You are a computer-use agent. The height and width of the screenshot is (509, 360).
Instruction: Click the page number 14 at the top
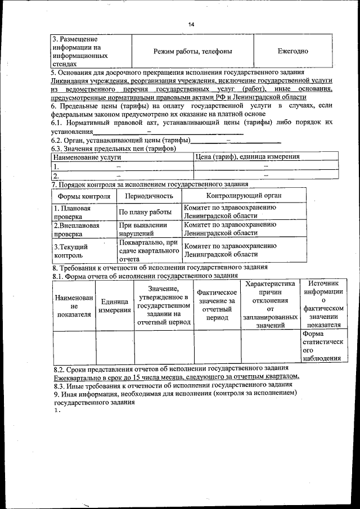[191, 25]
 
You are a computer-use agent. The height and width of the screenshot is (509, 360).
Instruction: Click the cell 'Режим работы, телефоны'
[193, 51]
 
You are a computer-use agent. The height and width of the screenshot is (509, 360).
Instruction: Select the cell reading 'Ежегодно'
[292, 51]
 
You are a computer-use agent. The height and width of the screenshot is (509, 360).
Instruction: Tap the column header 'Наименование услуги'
[87, 157]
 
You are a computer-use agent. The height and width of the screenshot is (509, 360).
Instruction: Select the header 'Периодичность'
[148, 196]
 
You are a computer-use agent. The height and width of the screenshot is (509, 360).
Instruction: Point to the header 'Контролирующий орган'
[244, 196]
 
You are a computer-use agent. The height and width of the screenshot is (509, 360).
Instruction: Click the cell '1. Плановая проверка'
[72, 212]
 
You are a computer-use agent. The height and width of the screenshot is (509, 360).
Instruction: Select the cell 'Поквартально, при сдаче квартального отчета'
[148, 251]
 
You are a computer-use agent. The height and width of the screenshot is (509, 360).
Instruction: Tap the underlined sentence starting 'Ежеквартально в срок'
[176, 376]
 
